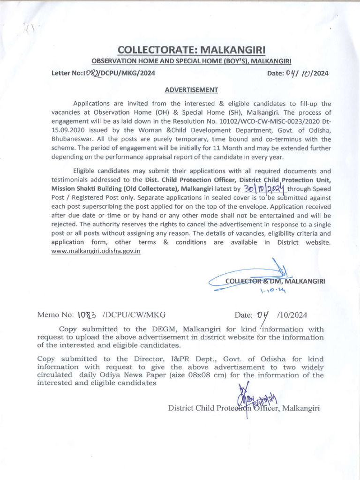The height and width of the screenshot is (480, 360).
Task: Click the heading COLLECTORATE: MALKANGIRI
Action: pos(191,50)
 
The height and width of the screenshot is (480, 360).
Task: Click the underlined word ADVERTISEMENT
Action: pos(191,90)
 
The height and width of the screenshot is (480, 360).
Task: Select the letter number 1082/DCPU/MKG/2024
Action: pos(104,73)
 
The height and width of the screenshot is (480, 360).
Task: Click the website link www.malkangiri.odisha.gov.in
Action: pos(96,251)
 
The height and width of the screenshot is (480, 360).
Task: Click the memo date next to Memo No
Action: pos(282,315)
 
